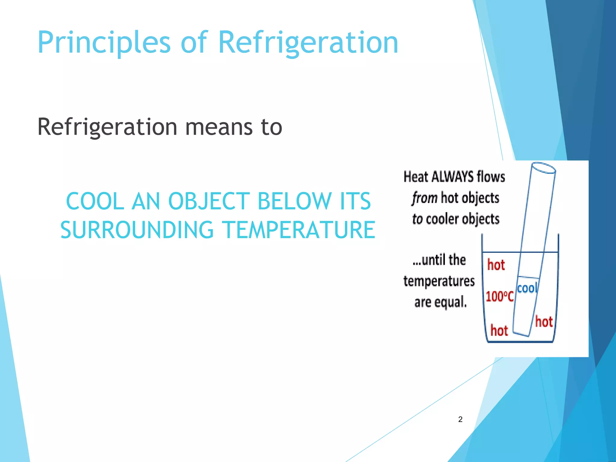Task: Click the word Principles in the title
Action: click(x=104, y=43)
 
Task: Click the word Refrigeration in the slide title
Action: click(x=308, y=43)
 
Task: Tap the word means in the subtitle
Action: click(x=219, y=127)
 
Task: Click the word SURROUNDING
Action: click(x=137, y=230)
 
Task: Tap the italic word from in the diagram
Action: click(x=424, y=198)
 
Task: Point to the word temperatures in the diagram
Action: click(x=439, y=281)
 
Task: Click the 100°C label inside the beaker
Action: click(x=499, y=297)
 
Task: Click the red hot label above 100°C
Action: click(x=496, y=265)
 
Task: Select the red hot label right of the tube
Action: click(x=544, y=322)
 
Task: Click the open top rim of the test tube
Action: click(x=543, y=168)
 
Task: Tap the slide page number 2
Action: click(x=460, y=419)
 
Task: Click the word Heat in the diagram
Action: click(x=416, y=177)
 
